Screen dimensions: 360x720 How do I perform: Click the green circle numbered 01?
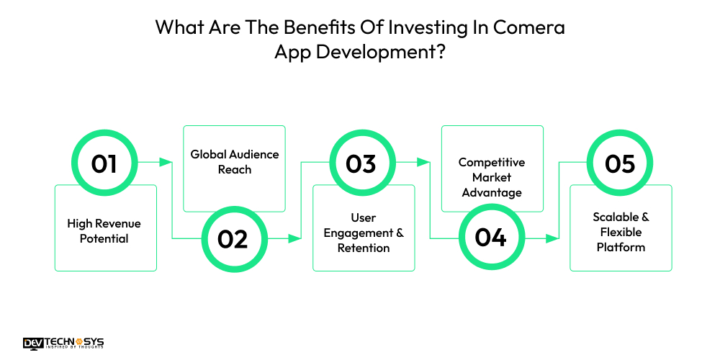click(104, 164)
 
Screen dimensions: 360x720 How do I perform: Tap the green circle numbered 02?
click(233, 238)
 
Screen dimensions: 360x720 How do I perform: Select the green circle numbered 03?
click(361, 164)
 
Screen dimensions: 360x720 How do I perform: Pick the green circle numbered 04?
click(490, 238)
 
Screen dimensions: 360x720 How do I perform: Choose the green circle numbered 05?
click(619, 164)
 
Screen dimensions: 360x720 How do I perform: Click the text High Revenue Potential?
click(104, 230)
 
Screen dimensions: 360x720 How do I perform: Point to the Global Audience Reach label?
click(235, 162)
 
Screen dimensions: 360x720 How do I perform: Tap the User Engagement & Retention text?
click(364, 233)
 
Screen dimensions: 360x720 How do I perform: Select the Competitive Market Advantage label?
click(492, 177)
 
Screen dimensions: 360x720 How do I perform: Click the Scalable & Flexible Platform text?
click(620, 232)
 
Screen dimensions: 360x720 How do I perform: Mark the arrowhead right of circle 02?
click(295, 238)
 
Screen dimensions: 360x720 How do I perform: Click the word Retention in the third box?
click(364, 248)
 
